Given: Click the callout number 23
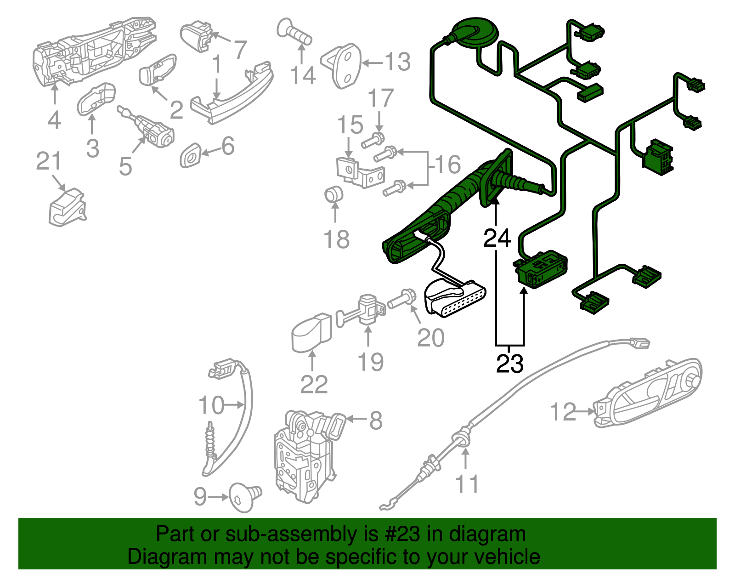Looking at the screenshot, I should [509, 364].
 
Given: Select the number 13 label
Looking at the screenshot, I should [397, 62].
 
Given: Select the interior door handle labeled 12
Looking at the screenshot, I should [648, 393].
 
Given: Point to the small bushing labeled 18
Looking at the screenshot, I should [334, 194].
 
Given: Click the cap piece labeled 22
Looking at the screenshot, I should [311, 332].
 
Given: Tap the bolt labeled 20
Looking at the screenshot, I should [402, 300].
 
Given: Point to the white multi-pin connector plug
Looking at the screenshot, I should [455, 299].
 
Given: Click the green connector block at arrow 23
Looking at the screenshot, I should [541, 270].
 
